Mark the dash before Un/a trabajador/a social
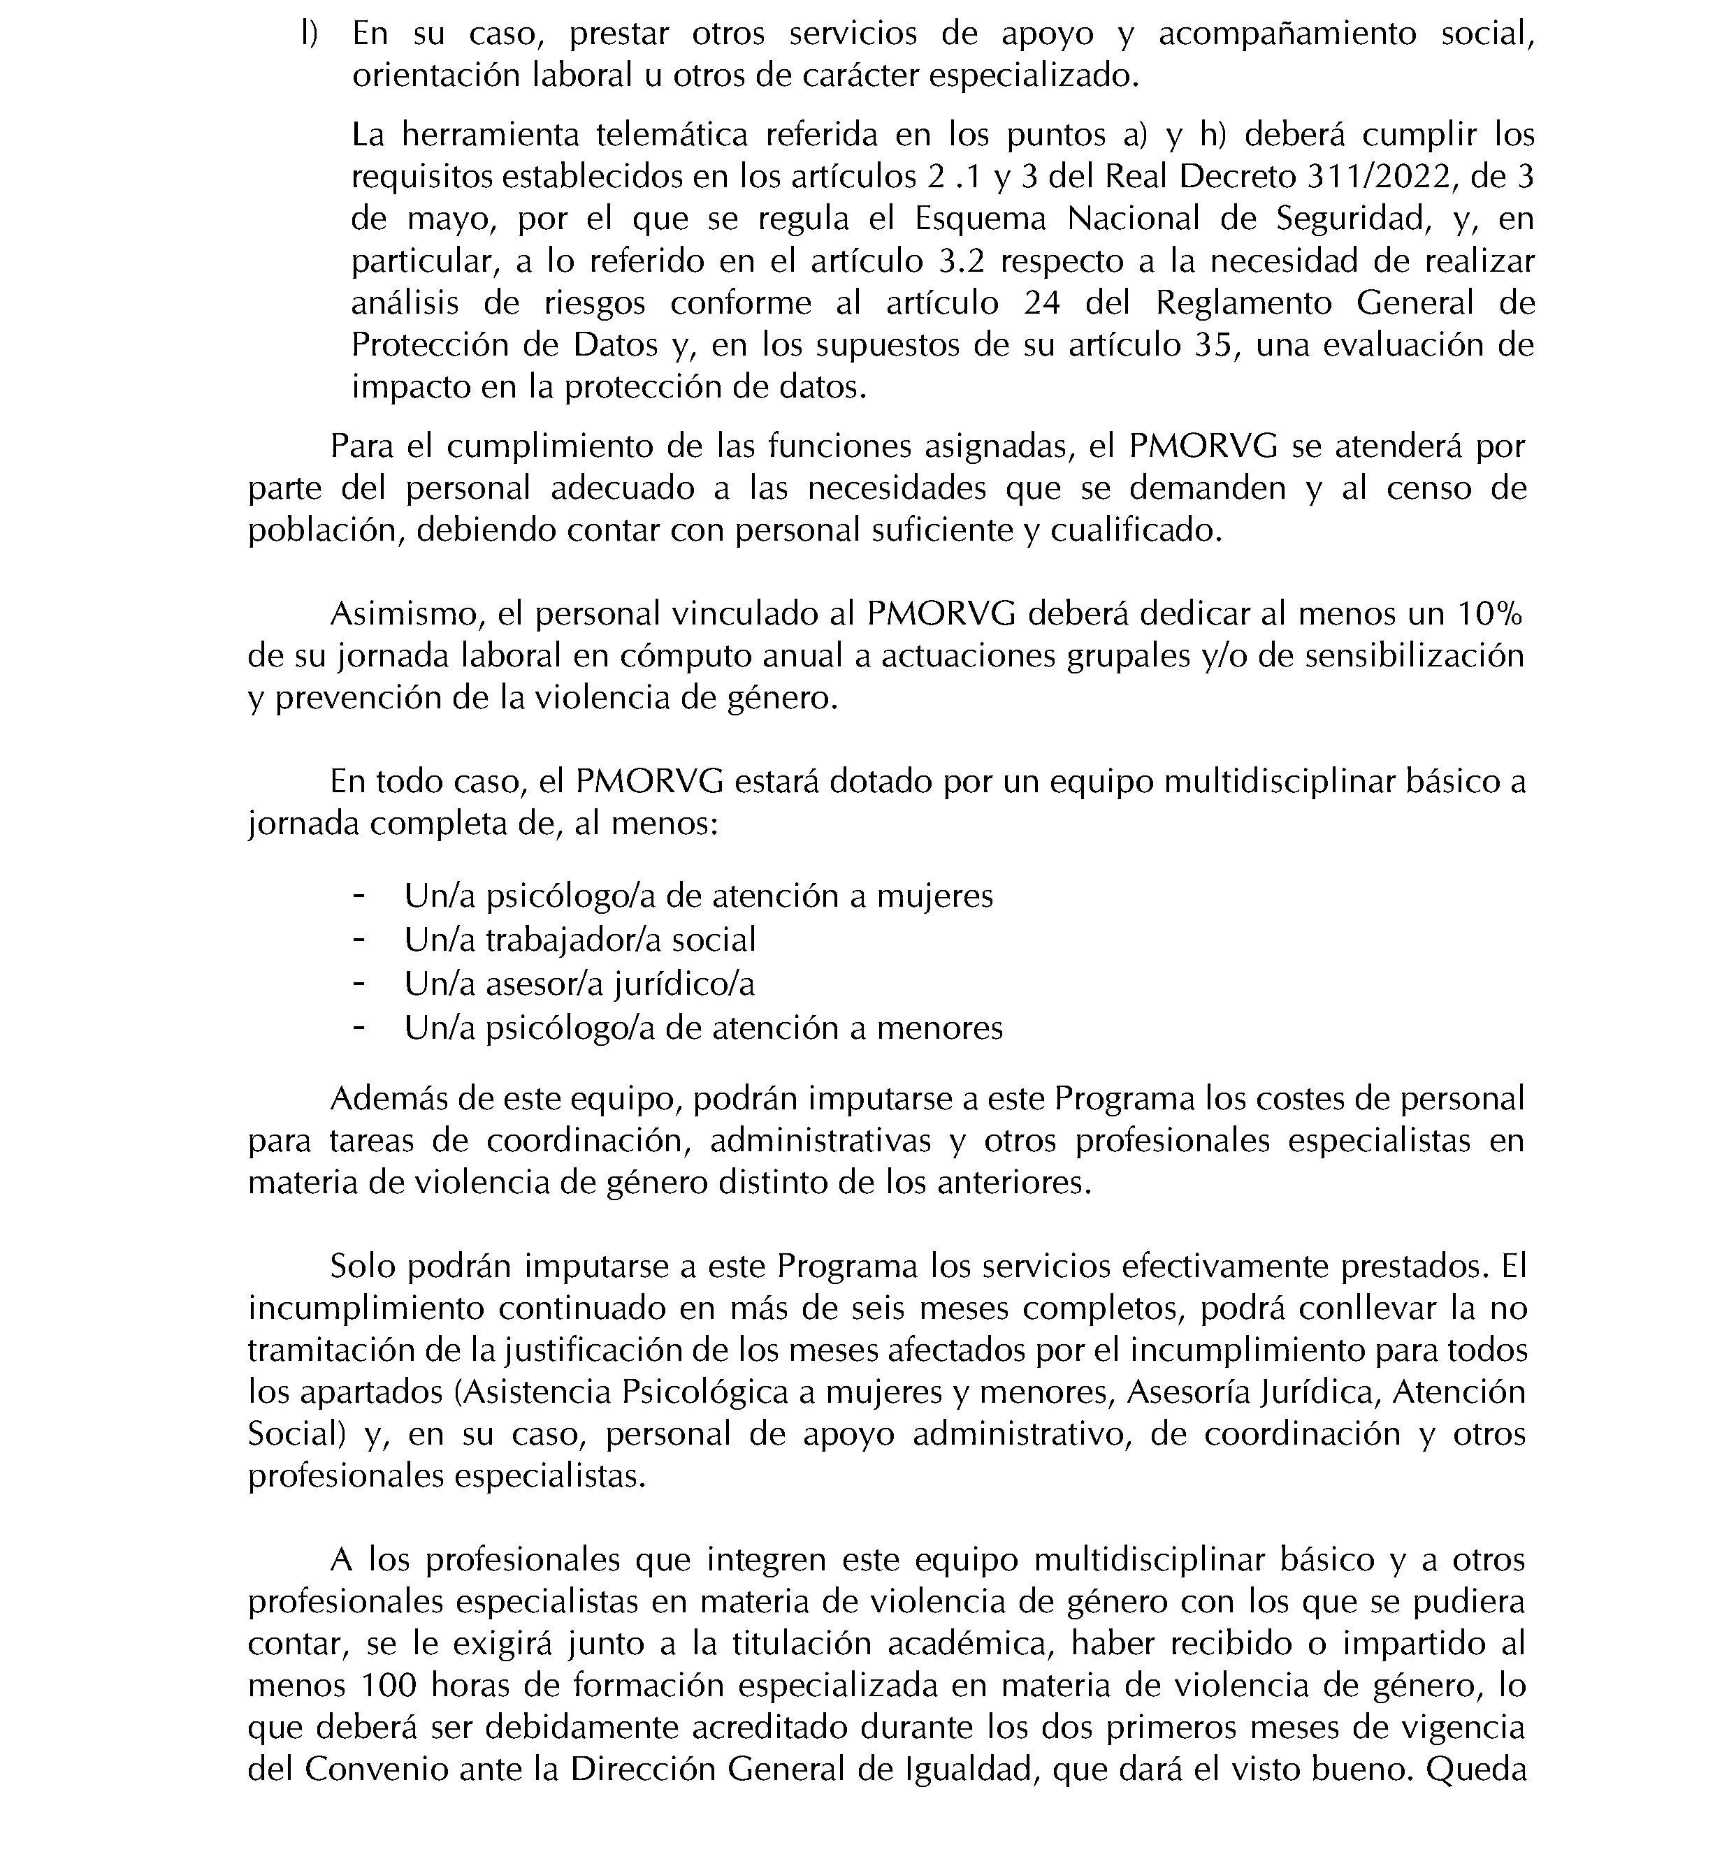[x=358, y=939]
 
